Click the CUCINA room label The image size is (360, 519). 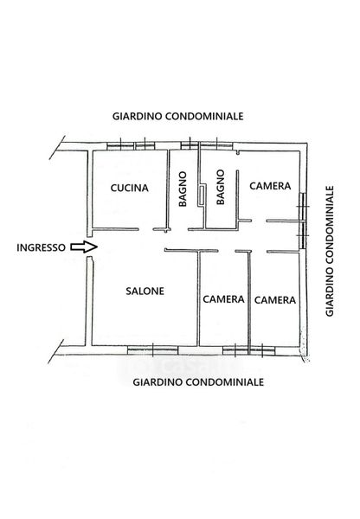point(129,188)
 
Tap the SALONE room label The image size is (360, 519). point(145,291)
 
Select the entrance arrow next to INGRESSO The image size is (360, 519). point(84,247)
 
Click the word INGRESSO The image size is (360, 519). point(41,247)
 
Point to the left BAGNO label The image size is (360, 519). point(183,189)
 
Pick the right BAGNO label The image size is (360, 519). point(220,188)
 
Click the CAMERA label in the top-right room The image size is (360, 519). point(270,186)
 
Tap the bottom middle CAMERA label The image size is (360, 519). point(223,299)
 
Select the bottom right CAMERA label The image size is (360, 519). point(275,300)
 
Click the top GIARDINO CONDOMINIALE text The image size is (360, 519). point(178,116)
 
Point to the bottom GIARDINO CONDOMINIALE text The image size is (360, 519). point(198,382)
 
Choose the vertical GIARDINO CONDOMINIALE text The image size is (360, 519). point(330,251)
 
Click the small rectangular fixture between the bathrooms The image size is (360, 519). point(202,195)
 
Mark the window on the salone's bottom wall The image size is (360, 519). point(152,350)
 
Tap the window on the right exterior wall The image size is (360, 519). point(302,221)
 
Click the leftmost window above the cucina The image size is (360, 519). point(120,146)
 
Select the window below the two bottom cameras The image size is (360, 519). point(248,350)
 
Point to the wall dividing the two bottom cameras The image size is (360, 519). point(248,298)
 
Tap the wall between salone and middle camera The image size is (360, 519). point(198,298)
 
